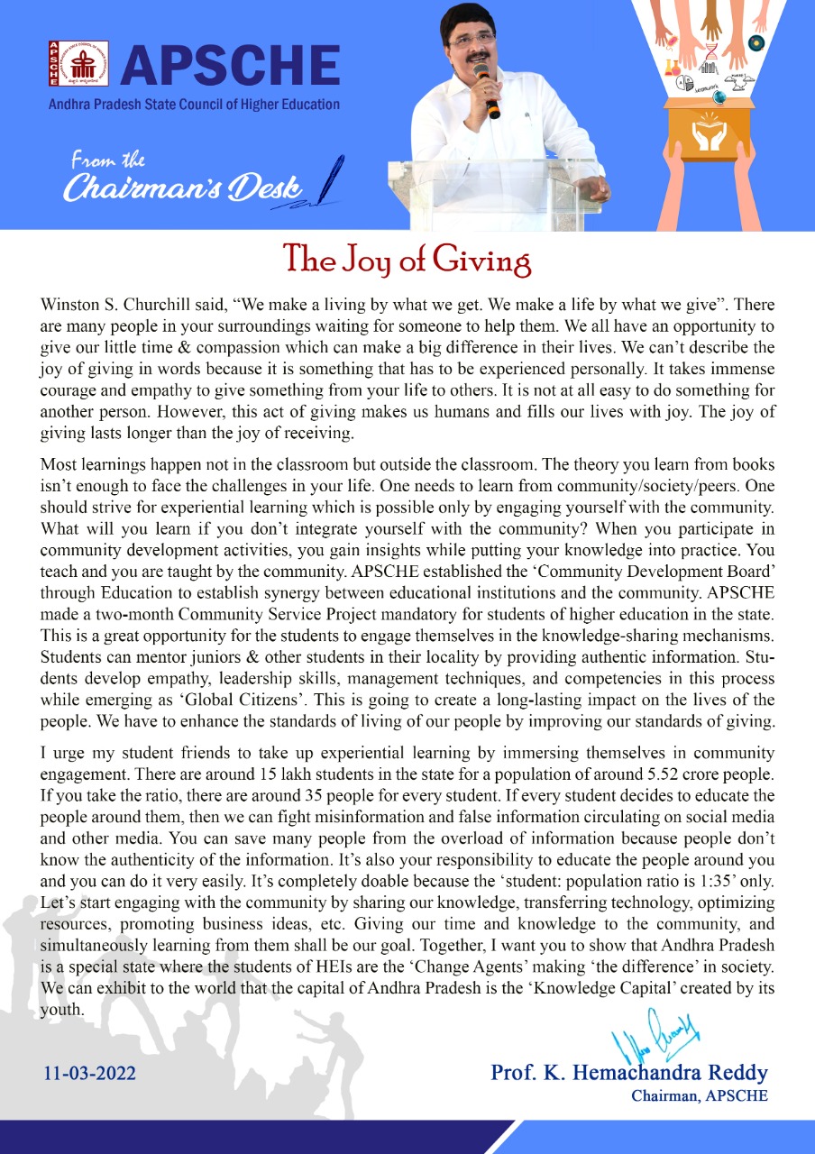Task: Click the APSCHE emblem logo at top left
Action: pos(78,66)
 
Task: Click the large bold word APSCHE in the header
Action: pos(230,66)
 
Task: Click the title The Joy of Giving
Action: pos(407,259)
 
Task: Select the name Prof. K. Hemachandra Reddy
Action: pos(628,1073)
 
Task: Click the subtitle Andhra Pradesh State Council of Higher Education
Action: pos(194,105)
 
